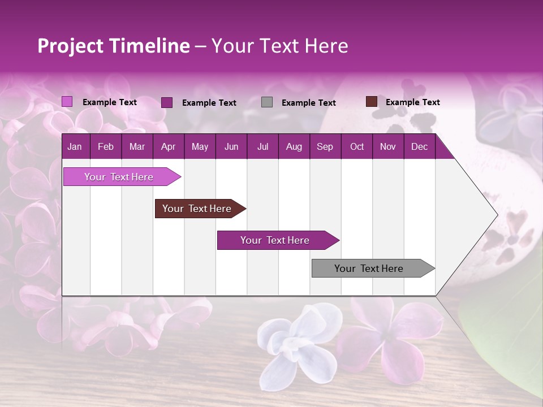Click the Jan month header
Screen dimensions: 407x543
click(x=75, y=147)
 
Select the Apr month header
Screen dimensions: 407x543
click(x=168, y=147)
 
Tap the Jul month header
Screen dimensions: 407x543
click(x=262, y=147)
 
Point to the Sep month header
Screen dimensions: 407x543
click(x=325, y=147)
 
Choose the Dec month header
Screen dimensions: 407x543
click(x=419, y=147)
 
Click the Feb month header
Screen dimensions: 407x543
click(x=106, y=147)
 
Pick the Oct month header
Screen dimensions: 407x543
click(x=357, y=147)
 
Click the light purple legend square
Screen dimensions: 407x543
click(x=67, y=102)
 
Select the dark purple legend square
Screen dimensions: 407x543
click(x=167, y=102)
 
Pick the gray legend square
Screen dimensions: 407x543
click(x=267, y=102)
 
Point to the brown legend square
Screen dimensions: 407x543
click(x=372, y=102)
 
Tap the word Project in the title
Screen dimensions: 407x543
click(x=70, y=46)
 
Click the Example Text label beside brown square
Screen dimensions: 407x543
click(x=412, y=102)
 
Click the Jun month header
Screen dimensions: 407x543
click(x=231, y=147)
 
